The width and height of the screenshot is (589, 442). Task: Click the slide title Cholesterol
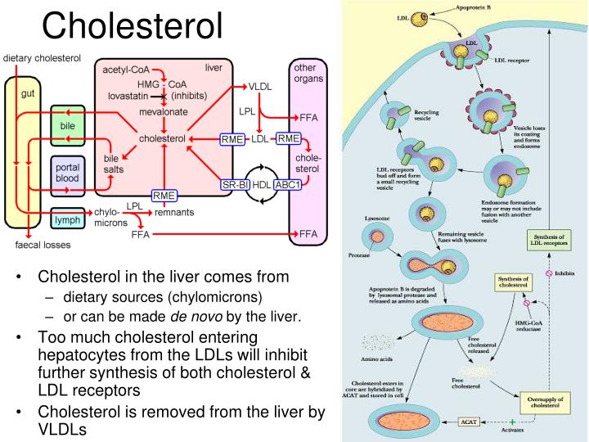(133, 26)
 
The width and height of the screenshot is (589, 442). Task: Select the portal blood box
(67, 173)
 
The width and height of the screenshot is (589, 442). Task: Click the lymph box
(66, 221)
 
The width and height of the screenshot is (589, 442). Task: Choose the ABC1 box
(289, 184)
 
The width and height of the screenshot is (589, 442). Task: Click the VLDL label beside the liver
(260, 86)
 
